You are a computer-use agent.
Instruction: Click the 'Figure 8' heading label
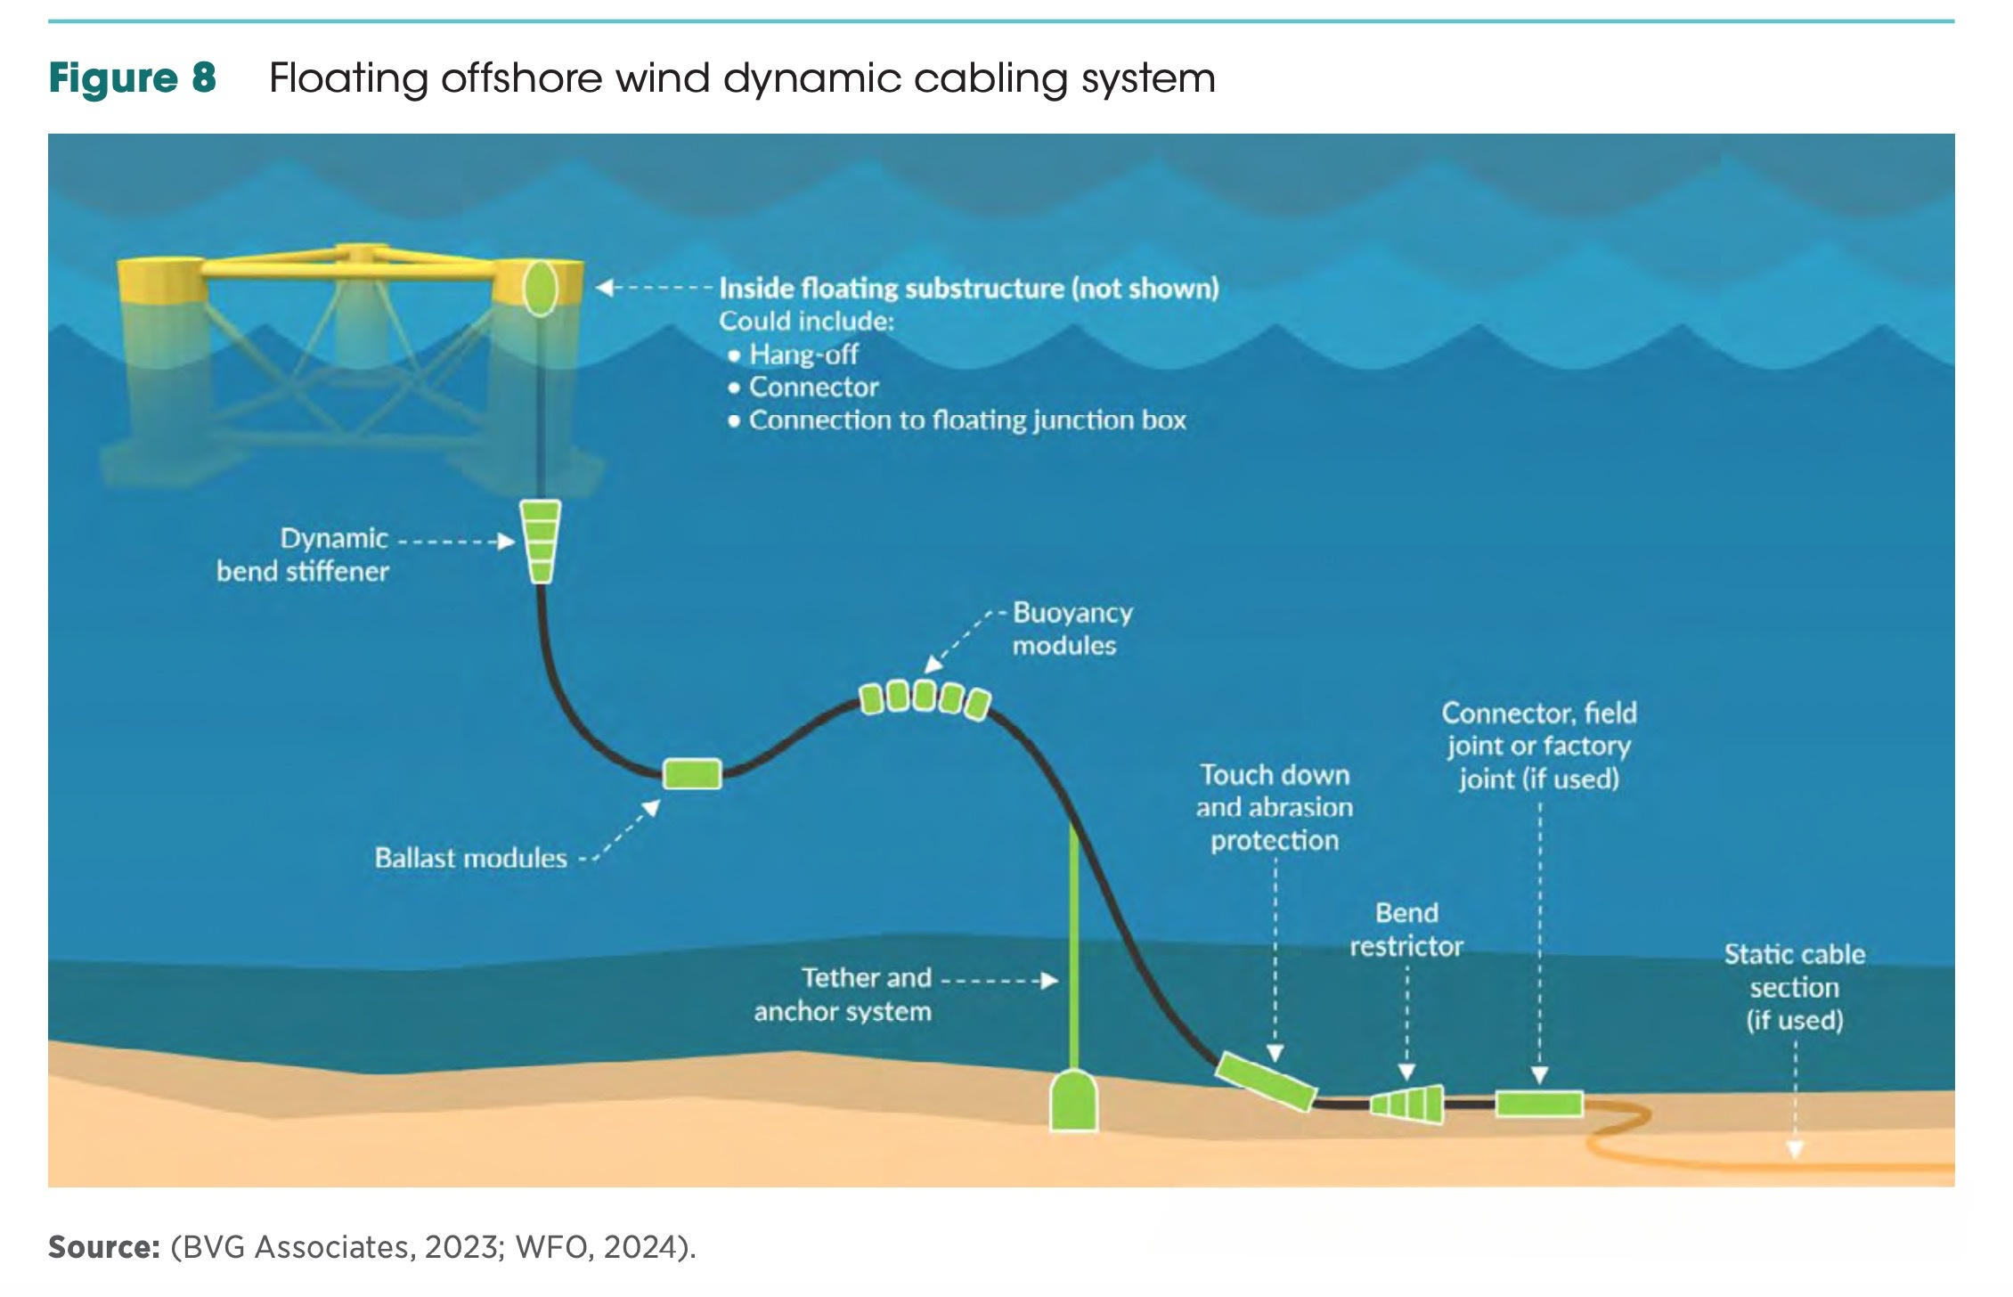pyautogui.click(x=132, y=78)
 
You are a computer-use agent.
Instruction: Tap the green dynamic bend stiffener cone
pyautogui.click(x=540, y=540)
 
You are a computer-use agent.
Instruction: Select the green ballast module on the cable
pyautogui.click(x=692, y=773)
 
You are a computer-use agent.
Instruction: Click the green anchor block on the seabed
pyautogui.click(x=1073, y=1102)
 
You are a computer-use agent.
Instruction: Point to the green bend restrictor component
pyautogui.click(x=1406, y=1105)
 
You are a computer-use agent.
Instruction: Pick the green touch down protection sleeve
pyautogui.click(x=1265, y=1081)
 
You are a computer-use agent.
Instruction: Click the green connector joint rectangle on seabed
pyautogui.click(x=1539, y=1104)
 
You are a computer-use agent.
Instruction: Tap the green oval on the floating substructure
pyautogui.click(x=539, y=288)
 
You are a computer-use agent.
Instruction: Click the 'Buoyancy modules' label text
pyautogui.click(x=1072, y=629)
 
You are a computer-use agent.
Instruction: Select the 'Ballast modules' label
pyautogui.click(x=470, y=858)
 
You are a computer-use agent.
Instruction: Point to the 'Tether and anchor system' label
pyautogui.click(x=843, y=994)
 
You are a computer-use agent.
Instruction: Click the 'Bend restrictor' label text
pyautogui.click(x=1406, y=929)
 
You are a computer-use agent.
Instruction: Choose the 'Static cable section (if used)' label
pyautogui.click(x=1794, y=987)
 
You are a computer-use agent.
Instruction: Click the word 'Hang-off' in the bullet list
pyautogui.click(x=803, y=355)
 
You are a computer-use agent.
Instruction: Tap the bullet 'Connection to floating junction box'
pyautogui.click(x=967, y=420)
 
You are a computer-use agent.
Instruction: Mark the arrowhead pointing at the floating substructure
pyautogui.click(x=604, y=288)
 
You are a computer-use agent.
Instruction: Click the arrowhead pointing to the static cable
pyautogui.click(x=1795, y=1150)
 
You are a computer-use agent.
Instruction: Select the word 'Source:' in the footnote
pyautogui.click(x=103, y=1247)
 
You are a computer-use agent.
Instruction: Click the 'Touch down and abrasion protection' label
pyautogui.click(x=1275, y=807)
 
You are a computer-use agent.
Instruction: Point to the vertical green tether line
pyautogui.click(x=1073, y=944)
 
